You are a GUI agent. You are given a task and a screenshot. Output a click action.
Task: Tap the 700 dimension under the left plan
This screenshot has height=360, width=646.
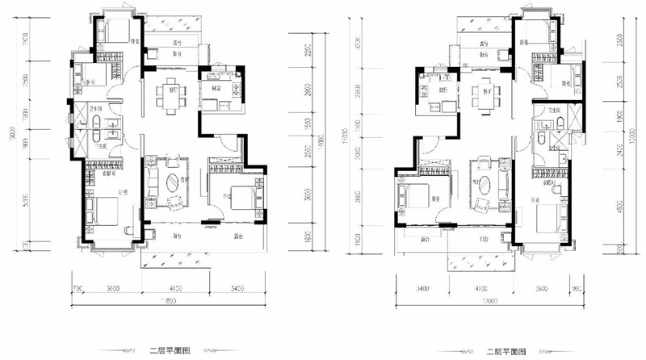click(78, 287)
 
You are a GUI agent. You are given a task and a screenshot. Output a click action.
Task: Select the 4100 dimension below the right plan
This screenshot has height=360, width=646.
click(481, 287)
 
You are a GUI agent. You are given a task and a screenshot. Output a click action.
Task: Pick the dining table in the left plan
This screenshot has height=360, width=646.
click(170, 94)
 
